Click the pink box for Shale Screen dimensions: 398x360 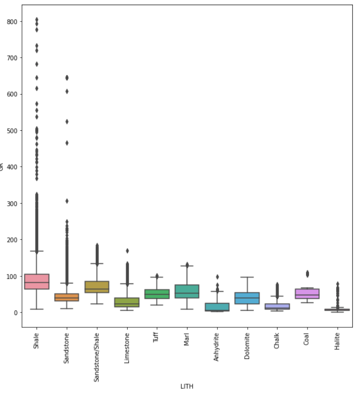click(x=37, y=281)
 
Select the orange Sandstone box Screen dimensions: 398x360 click(x=66, y=297)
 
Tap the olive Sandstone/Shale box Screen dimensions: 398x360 click(x=97, y=287)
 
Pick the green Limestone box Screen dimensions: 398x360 click(x=127, y=302)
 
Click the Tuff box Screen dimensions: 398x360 click(x=157, y=294)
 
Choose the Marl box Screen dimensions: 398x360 click(x=187, y=291)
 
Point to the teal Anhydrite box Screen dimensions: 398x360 click(x=217, y=307)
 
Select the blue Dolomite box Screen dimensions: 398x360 click(x=247, y=298)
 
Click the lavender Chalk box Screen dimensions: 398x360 click(x=277, y=306)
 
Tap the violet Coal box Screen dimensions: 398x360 click(x=307, y=293)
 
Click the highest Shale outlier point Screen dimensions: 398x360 click(x=37, y=20)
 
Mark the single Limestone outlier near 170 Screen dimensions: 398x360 click(x=127, y=251)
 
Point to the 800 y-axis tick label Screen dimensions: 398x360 click(x=12, y=22)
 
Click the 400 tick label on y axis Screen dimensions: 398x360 click(x=12, y=167)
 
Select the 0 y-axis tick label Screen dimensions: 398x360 click(x=15, y=313)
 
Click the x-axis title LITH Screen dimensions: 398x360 click(x=187, y=386)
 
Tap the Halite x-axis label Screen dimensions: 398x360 click(x=337, y=341)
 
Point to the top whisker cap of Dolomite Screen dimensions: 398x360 click(x=247, y=277)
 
